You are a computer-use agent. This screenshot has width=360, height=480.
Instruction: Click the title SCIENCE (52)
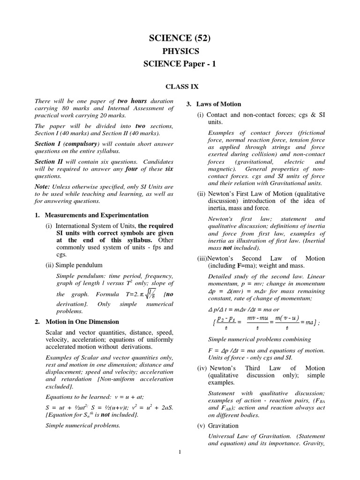180,38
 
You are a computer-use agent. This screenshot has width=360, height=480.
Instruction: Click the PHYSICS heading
180,52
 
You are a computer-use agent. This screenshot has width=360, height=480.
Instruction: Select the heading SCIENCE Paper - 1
180,65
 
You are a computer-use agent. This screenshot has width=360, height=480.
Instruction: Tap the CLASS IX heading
180,86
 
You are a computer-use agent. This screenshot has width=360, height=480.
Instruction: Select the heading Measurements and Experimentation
97,215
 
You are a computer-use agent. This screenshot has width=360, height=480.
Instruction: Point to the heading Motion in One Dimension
82,322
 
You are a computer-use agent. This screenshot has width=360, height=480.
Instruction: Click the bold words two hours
132,101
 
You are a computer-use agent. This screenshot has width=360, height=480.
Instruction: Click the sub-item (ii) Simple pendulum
74,265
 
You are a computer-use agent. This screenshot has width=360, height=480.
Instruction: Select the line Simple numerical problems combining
259,339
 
